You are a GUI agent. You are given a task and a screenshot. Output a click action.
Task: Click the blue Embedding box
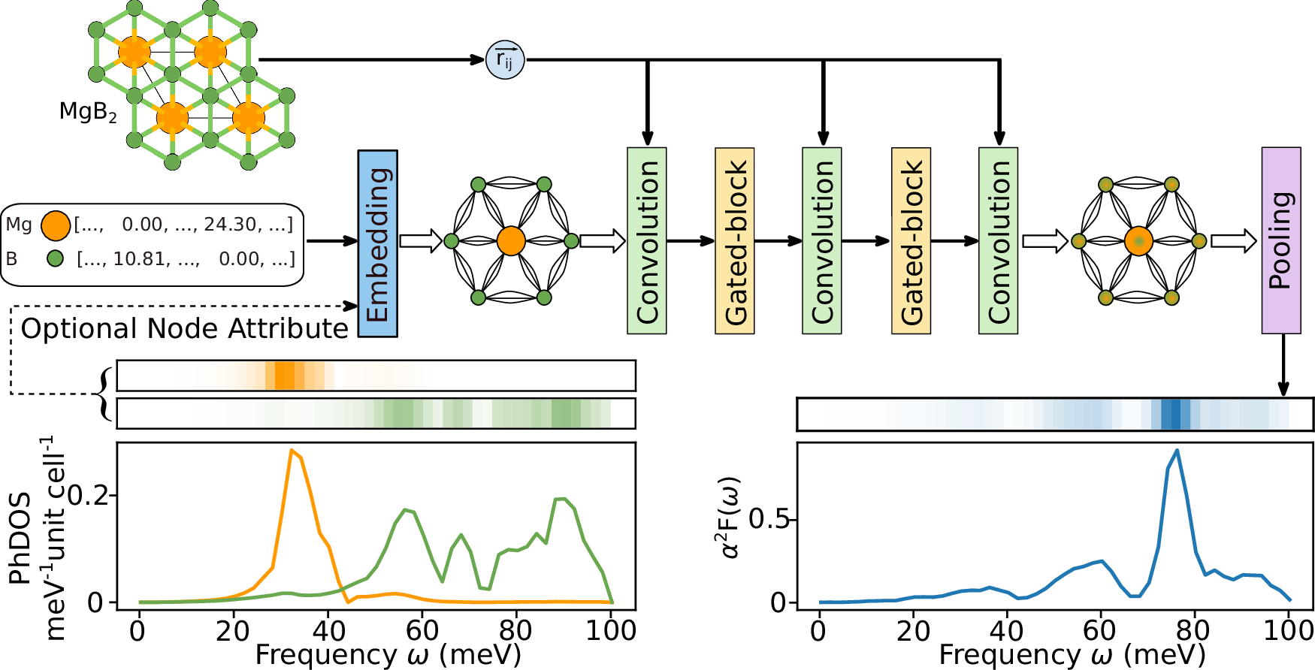(377, 243)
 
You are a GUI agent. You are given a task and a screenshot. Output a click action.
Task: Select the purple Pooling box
(1280, 240)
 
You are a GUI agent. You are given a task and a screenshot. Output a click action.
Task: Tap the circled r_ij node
(505, 60)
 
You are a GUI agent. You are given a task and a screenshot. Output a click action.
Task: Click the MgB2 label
(88, 113)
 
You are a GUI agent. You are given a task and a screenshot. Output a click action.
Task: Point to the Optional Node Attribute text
(184, 329)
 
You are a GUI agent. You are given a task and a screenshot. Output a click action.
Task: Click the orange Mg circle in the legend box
(56, 225)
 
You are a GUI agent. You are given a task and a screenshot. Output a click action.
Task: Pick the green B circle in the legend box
(55, 259)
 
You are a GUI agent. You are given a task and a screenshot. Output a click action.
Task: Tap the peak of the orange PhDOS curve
(292, 450)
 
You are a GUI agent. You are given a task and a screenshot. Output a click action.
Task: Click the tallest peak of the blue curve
(1177, 450)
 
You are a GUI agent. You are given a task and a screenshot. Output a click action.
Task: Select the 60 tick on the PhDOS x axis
(422, 630)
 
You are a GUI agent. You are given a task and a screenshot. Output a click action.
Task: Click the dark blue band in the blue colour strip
(1171, 414)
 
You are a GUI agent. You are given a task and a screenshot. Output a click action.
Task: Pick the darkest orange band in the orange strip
(285, 376)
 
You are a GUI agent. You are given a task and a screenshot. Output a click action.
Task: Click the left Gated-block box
(734, 240)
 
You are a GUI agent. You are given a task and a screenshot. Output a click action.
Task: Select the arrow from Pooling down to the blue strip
(1283, 364)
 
